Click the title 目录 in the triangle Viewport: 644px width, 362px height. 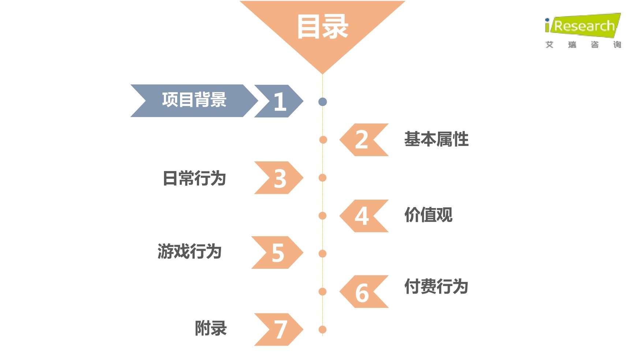[x=322, y=27]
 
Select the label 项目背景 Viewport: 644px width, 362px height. [x=194, y=100]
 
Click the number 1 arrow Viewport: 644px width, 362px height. [x=279, y=101]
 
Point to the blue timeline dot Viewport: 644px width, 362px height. [x=322, y=102]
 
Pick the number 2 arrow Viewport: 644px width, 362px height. [x=363, y=140]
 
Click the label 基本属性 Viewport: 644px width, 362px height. [x=436, y=139]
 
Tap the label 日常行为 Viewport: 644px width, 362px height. [x=194, y=178]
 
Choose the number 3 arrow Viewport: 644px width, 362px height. [x=279, y=178]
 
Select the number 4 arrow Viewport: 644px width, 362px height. [x=363, y=216]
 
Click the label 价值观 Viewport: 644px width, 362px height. [x=428, y=215]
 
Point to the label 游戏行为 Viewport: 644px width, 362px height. [x=190, y=252]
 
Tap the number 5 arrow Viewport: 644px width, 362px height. [x=278, y=253]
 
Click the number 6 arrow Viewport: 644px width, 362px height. [x=363, y=292]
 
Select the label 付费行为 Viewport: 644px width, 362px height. [x=436, y=286]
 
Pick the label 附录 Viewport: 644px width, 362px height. [x=211, y=328]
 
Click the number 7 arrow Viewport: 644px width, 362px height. [x=279, y=329]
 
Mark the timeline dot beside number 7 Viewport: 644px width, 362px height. [x=322, y=329]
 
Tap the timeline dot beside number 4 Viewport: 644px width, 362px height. [x=322, y=216]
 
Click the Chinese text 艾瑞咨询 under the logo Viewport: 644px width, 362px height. [x=583, y=45]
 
